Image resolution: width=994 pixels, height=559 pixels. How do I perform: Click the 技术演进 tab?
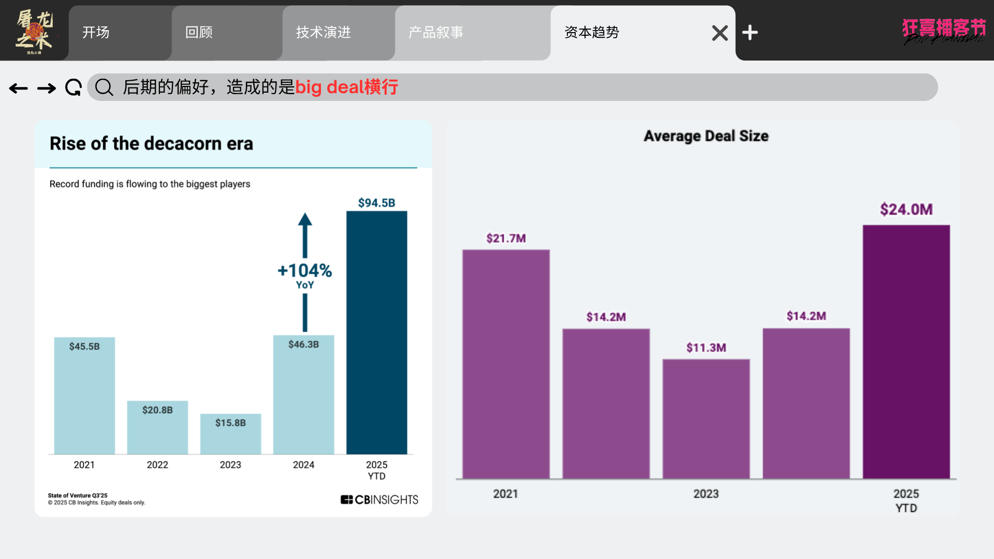(x=324, y=33)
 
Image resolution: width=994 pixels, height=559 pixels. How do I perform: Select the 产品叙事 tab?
(x=436, y=33)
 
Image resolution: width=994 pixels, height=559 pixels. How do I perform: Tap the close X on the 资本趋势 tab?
(x=720, y=33)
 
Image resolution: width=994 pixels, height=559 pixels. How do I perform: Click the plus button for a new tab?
(x=750, y=33)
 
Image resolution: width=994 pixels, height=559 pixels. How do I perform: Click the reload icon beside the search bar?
(x=74, y=87)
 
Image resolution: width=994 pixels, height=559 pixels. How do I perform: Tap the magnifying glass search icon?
(x=104, y=87)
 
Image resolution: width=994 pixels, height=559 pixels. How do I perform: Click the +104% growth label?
(x=305, y=271)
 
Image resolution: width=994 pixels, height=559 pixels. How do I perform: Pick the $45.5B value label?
(x=84, y=346)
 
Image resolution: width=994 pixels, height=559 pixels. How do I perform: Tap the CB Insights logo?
(x=379, y=499)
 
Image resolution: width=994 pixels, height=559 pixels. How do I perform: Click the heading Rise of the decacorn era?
(x=151, y=143)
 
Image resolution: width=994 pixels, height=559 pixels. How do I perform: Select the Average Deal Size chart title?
(x=706, y=136)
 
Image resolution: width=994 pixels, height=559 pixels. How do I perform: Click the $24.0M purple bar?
(x=906, y=352)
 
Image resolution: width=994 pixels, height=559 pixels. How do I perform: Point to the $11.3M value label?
(x=706, y=347)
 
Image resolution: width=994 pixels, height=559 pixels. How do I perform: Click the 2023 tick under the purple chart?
(x=706, y=494)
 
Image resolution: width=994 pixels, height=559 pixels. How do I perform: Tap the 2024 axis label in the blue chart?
(x=303, y=465)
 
